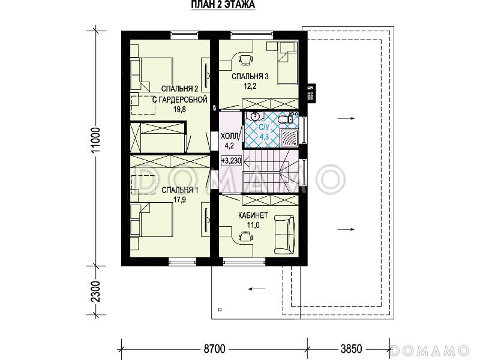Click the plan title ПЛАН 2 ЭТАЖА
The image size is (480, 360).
pos(223,5)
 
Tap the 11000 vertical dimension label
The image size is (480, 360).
pos(95,142)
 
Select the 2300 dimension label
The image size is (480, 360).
pos(95,291)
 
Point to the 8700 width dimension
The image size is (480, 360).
pos(214,349)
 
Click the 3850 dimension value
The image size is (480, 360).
pos(351,349)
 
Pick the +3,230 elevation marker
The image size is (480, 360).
pos(231,161)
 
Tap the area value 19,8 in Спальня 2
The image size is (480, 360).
pos(179,109)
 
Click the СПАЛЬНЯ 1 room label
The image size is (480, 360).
pos(179,190)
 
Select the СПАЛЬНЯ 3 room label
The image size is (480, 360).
pos(250,76)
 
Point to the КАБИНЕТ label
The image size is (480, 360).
pos(253,215)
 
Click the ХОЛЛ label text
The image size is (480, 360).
pos(229,136)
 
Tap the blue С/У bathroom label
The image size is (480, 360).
pos(263,127)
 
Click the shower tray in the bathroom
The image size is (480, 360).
pos(289,137)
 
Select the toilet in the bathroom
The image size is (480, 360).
pos(284,119)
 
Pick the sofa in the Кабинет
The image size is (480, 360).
pos(284,235)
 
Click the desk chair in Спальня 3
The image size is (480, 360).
pos(245,59)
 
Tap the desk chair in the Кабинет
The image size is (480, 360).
pos(245,236)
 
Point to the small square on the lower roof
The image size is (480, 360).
pos(220,310)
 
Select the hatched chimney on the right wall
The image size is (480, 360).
pos(311,92)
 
